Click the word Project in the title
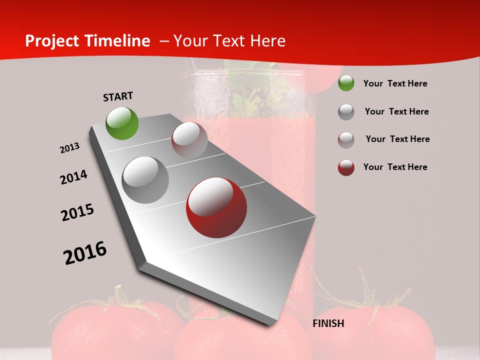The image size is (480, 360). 52,41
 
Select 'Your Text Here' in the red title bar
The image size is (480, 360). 229,41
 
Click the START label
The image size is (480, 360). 118,96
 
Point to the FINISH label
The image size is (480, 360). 328,323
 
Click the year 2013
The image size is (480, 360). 70,148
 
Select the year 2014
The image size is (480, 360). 74,177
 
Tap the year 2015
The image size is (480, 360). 77,212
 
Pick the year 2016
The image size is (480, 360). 85,253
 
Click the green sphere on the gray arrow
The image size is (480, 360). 122,123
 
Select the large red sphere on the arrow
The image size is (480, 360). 216,207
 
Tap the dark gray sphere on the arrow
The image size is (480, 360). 145,180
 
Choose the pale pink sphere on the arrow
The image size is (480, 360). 189,140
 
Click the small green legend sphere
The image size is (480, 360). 346,83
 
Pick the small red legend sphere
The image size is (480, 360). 346,167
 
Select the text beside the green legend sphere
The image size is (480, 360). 395,83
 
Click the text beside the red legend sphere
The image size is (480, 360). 395,167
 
